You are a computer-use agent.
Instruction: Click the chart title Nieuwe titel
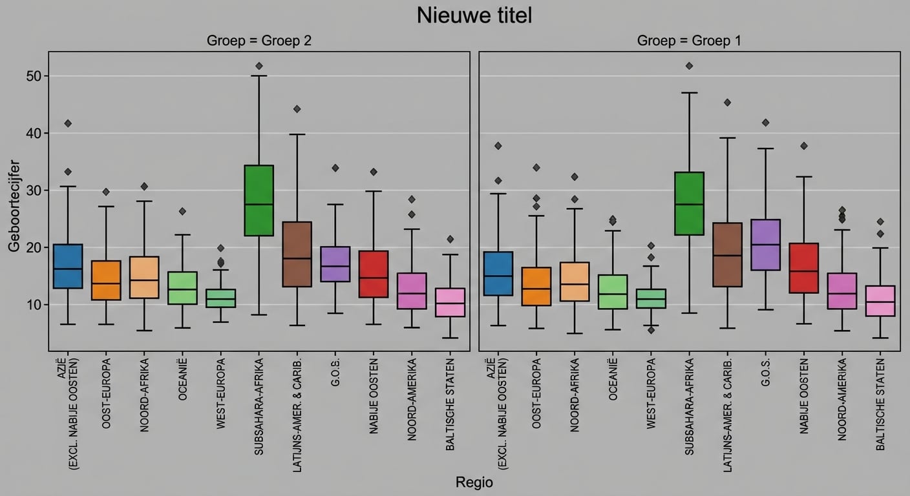(474, 15)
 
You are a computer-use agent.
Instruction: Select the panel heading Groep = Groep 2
(259, 41)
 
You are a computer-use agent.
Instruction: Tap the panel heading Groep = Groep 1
(689, 41)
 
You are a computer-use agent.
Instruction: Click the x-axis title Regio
(474, 482)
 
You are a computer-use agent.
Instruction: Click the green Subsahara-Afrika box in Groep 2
(259, 200)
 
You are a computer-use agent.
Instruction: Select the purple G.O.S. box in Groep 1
(765, 245)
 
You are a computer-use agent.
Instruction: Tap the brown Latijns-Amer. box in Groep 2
(297, 254)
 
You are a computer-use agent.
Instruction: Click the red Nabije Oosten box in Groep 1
(804, 268)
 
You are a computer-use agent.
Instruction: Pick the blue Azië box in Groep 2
(68, 266)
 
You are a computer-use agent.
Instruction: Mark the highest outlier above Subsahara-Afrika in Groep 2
(259, 66)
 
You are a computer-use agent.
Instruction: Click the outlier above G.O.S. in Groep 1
(765, 122)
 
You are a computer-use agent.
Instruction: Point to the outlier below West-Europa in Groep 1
(651, 330)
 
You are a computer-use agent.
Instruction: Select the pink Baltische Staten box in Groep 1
(880, 300)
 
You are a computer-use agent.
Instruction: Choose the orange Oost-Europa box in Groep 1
(536, 286)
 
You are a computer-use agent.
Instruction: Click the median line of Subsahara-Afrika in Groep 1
(689, 204)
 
